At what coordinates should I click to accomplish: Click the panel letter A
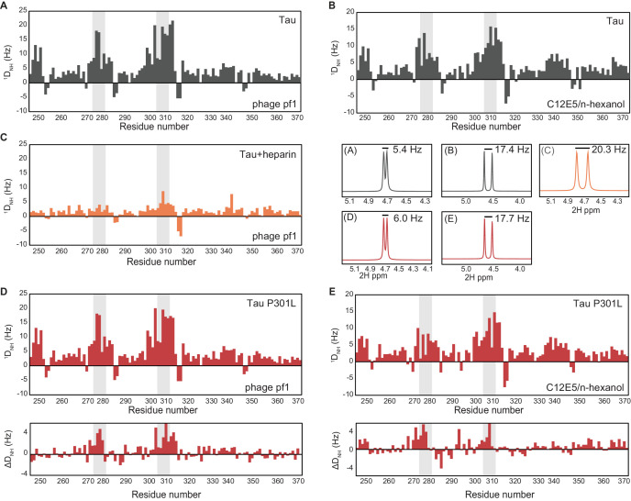tap(6, 7)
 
